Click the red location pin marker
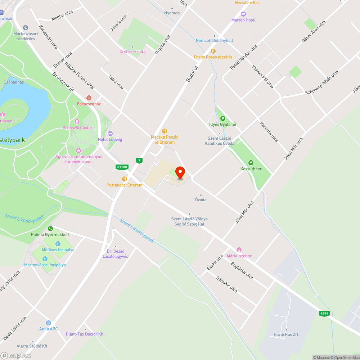pos(180,173)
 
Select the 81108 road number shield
pos(122,167)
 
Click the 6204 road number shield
pos(324,314)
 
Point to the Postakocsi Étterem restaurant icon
pos(125,179)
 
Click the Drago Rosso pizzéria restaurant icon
pos(213,51)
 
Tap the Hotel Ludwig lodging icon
pos(110,134)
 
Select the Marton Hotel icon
pos(243,14)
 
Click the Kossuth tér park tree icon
pos(251,163)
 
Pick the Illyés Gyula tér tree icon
pos(223,118)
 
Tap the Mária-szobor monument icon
pos(239,250)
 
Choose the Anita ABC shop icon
pos(49,323)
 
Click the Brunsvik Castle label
pos(77,128)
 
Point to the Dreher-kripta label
pos(132,51)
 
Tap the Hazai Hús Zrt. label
pos(286,334)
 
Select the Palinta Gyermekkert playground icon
pos(51,228)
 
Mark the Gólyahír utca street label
pos(226,284)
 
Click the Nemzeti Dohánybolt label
pos(214,40)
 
